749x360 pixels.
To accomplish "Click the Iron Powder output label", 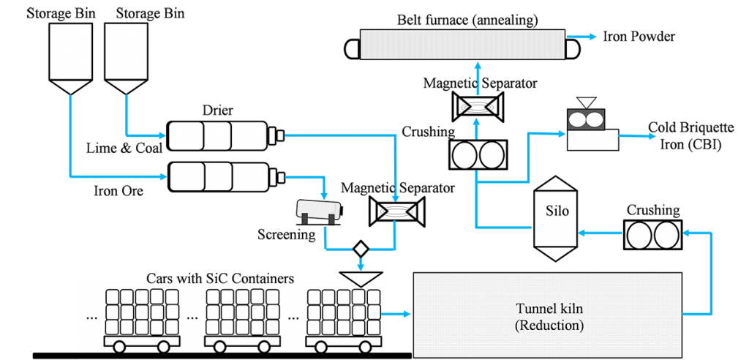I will tap(637, 37).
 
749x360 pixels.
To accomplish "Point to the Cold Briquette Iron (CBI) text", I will tap(685, 135).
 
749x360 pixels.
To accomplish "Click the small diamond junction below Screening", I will tap(360, 248).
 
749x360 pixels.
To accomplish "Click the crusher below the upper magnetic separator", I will tap(476, 154).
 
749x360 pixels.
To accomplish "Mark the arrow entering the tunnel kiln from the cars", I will tap(399, 315).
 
